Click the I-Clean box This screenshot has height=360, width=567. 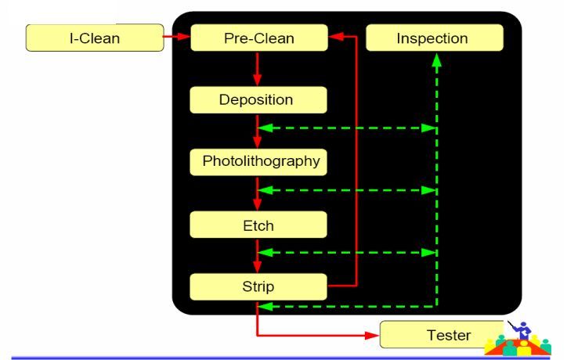95,38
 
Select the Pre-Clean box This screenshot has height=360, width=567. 258,38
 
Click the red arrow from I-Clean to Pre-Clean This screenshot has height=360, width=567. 178,36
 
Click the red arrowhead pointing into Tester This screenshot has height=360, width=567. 373,336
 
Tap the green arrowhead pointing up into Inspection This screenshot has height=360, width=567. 436,62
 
